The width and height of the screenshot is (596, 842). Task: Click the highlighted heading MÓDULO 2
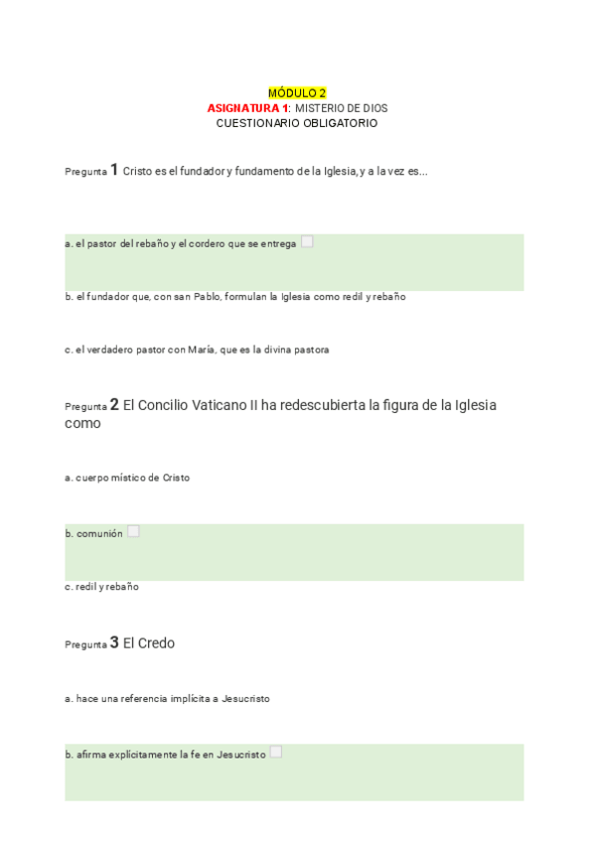coord(297,92)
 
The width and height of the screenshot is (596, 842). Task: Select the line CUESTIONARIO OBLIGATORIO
coord(297,123)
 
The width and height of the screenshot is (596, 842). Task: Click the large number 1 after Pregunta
coord(114,170)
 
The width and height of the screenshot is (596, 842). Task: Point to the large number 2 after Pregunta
coord(114,405)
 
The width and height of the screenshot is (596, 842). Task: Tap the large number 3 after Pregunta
coord(114,643)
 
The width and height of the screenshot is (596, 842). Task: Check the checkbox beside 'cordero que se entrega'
coord(307,241)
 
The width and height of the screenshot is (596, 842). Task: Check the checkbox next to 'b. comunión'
coord(133,531)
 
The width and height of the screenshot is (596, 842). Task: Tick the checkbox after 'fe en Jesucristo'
coord(276,752)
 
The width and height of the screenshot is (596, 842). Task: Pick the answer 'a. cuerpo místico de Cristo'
coord(127,478)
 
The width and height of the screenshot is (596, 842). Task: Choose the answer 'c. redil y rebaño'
coord(101,587)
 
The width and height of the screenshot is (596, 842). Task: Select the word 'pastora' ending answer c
coord(312,350)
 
